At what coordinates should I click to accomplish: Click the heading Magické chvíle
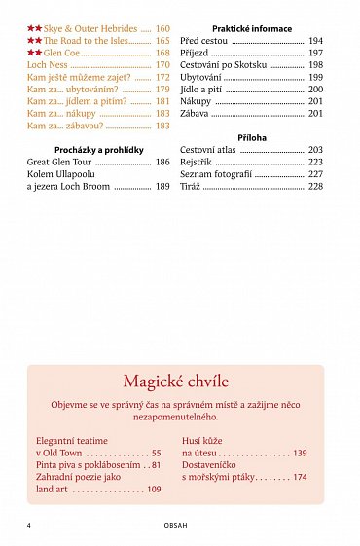(x=176, y=381)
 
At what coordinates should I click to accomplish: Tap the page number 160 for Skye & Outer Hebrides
(x=162, y=30)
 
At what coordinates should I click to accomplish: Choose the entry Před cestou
(x=203, y=42)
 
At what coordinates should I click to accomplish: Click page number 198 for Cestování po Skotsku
(x=315, y=65)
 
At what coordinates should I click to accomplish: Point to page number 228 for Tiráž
(x=315, y=186)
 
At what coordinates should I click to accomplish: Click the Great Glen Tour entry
(x=59, y=162)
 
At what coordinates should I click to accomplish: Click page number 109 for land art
(x=154, y=490)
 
